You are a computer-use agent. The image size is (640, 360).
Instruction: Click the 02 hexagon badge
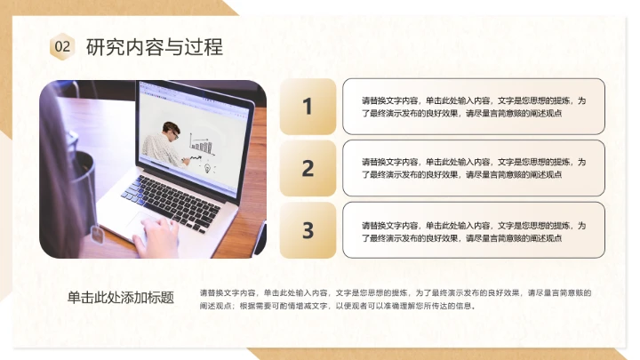coord(62,46)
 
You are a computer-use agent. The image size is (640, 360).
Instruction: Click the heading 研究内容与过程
coord(154,46)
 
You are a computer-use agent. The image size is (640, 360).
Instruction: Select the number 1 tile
coord(308,107)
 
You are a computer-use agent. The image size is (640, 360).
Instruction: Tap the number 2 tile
coord(308,168)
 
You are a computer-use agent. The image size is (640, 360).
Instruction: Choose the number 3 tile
coord(308,230)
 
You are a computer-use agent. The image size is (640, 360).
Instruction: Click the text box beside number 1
coord(474,107)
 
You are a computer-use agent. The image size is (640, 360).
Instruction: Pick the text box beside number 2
coord(474,168)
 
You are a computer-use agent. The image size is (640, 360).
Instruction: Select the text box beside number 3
coord(474,230)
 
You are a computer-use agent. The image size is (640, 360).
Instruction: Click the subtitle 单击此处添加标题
coord(121,298)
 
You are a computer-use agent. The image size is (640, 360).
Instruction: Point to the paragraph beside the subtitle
coord(396,299)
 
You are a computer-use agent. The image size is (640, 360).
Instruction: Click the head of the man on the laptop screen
coord(171,131)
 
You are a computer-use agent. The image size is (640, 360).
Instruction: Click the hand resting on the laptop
coord(160,237)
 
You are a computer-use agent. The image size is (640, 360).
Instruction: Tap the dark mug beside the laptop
coord(84,178)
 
